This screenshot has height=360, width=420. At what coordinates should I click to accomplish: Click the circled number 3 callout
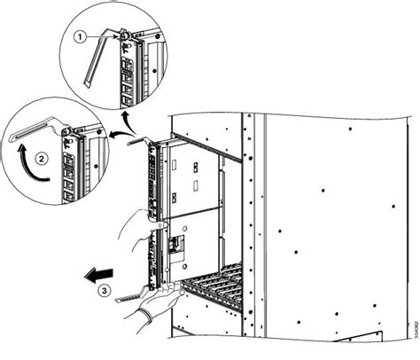[x=104, y=288]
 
